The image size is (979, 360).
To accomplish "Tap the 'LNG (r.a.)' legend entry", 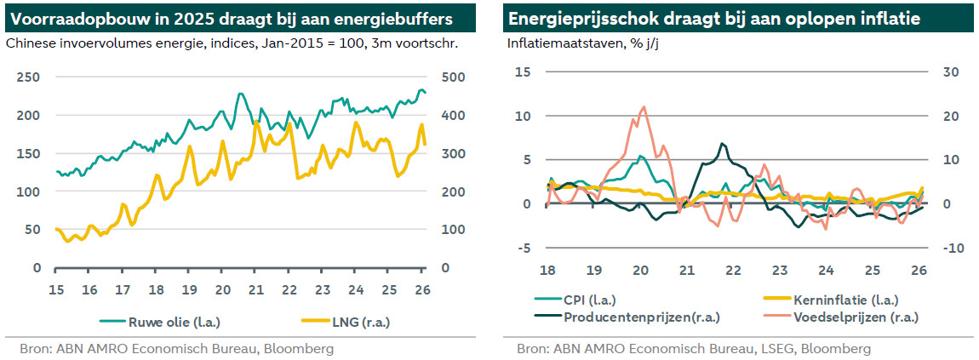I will [345, 322].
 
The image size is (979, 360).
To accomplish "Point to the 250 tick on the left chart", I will [29, 77].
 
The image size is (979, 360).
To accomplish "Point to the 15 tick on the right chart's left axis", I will [523, 71].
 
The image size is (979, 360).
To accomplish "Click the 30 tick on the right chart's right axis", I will [948, 71].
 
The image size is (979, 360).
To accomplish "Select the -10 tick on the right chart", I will [950, 248].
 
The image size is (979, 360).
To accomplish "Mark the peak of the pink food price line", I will [643, 107].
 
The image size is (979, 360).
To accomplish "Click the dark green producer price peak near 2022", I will [722, 144].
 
